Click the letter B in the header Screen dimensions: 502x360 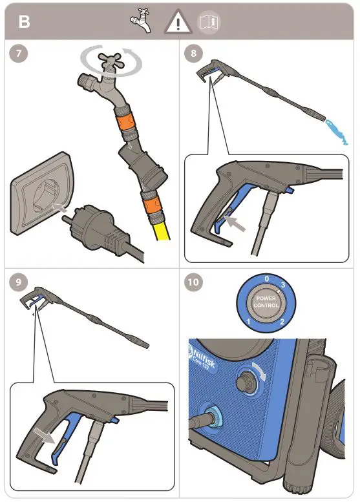click(x=24, y=22)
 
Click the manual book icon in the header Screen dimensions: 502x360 click(x=209, y=23)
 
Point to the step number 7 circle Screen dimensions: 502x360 click(x=21, y=54)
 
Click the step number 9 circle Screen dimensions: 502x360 click(x=21, y=281)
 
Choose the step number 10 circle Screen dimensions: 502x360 click(x=193, y=282)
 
